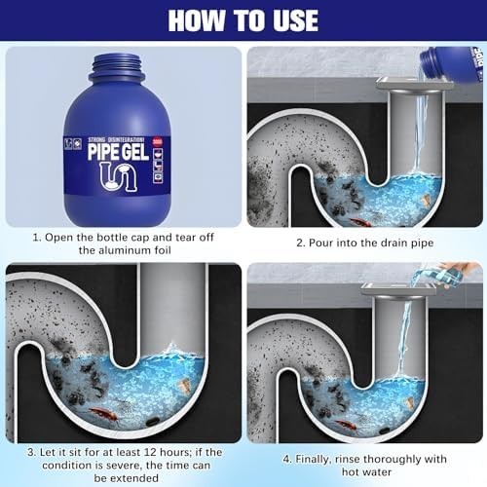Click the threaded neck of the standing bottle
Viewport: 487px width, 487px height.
pos(117,67)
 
